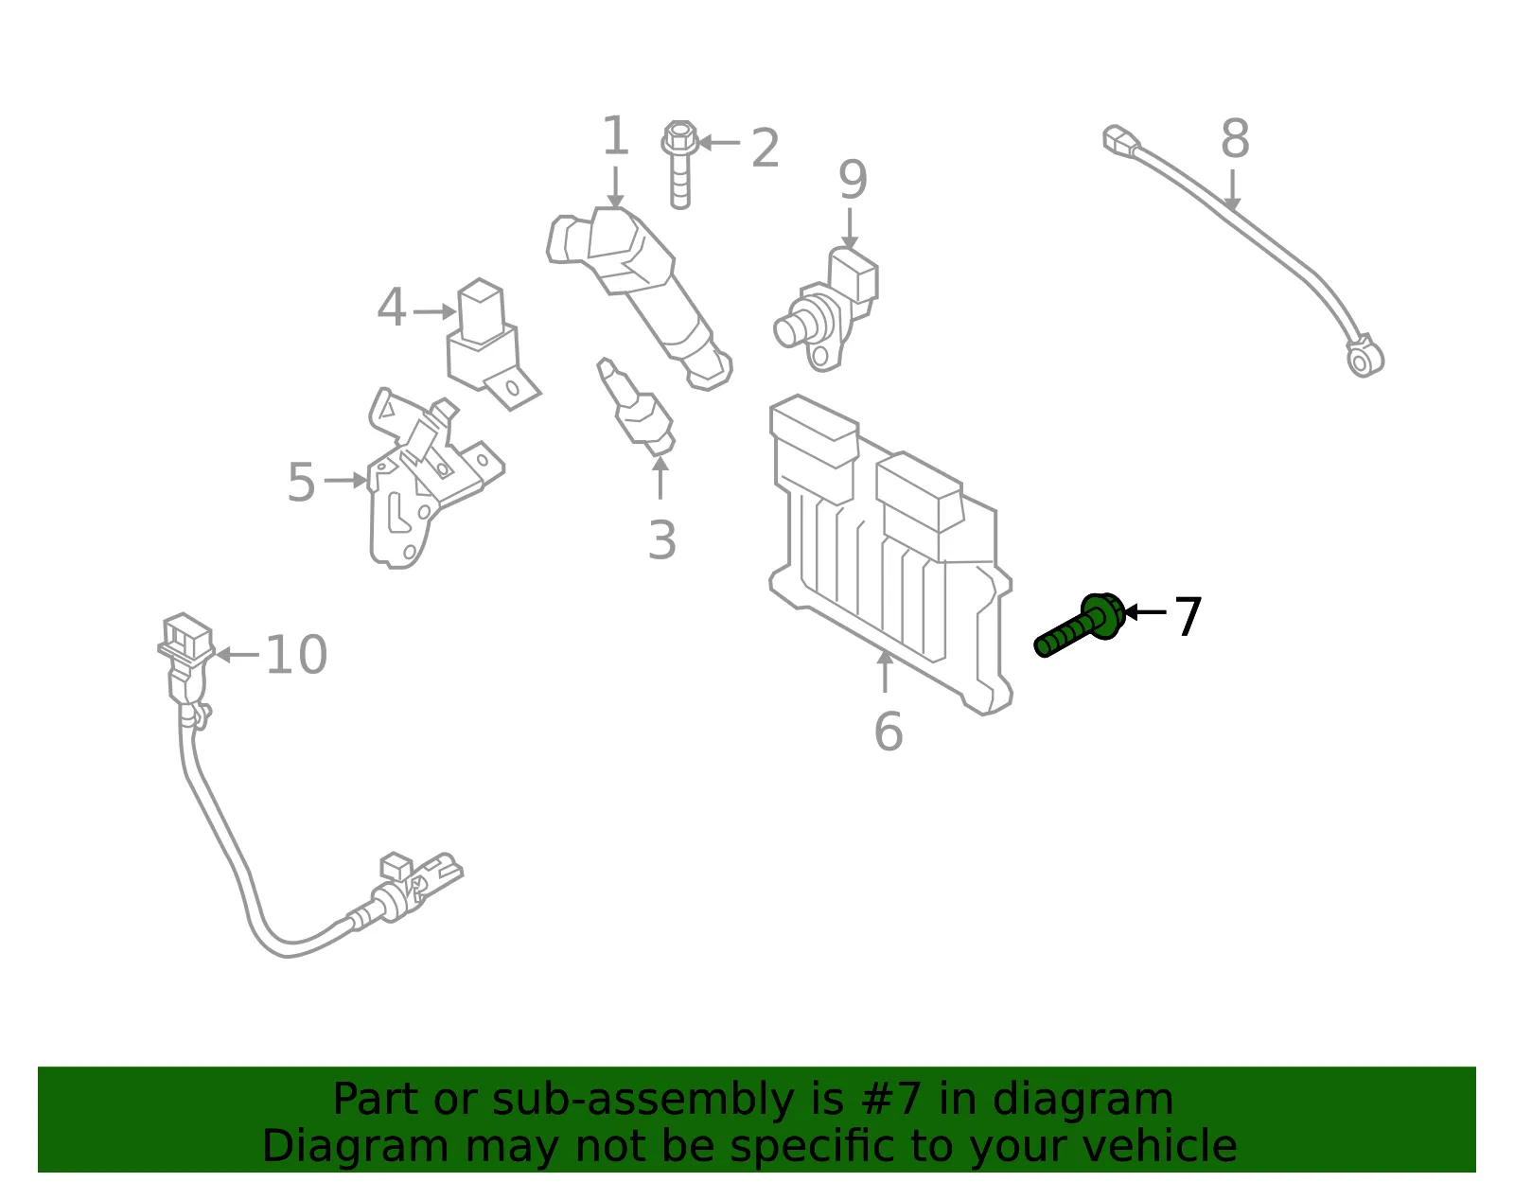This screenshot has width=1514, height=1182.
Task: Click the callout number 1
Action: click(615, 136)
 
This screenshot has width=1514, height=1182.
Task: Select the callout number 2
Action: click(765, 148)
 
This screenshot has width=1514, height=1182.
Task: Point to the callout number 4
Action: click(391, 307)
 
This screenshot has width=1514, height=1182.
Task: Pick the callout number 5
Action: click(301, 482)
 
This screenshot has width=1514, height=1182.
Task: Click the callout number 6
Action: click(889, 732)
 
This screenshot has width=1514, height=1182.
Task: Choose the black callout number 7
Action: click(1188, 616)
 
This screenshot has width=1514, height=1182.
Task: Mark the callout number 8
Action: click(1235, 138)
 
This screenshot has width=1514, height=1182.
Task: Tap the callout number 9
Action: click(853, 179)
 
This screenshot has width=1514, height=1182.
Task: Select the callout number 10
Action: click(296, 655)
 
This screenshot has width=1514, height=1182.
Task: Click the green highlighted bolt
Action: click(1079, 625)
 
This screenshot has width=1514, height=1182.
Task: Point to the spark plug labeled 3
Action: click(636, 407)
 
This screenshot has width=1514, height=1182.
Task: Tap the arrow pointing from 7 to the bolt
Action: click(1145, 612)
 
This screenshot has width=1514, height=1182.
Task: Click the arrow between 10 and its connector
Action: click(237, 655)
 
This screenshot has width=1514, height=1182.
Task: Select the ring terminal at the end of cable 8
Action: click(1364, 357)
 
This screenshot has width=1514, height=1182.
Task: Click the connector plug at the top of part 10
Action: click(185, 635)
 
